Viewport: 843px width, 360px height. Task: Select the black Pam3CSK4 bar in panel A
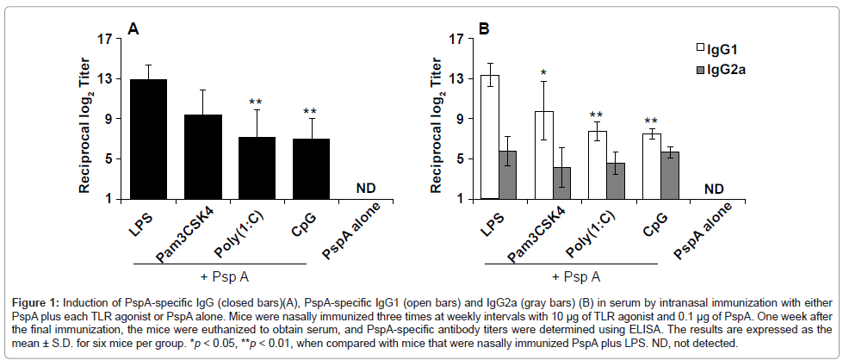tap(202, 157)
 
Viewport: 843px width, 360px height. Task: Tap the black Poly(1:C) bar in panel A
tap(256, 168)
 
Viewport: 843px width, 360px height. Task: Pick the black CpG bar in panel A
tap(310, 169)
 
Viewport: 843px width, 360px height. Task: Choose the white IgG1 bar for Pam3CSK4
tap(543, 155)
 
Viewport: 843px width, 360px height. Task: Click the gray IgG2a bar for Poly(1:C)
tap(616, 181)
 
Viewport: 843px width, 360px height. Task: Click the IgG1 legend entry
tap(714, 51)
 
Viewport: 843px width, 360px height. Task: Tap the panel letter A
tap(133, 29)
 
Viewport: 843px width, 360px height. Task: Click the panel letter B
tap(484, 29)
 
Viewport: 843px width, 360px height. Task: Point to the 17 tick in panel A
tap(107, 39)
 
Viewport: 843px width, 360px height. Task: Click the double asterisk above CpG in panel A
tap(310, 112)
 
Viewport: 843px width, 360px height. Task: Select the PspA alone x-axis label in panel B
tap(708, 227)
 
